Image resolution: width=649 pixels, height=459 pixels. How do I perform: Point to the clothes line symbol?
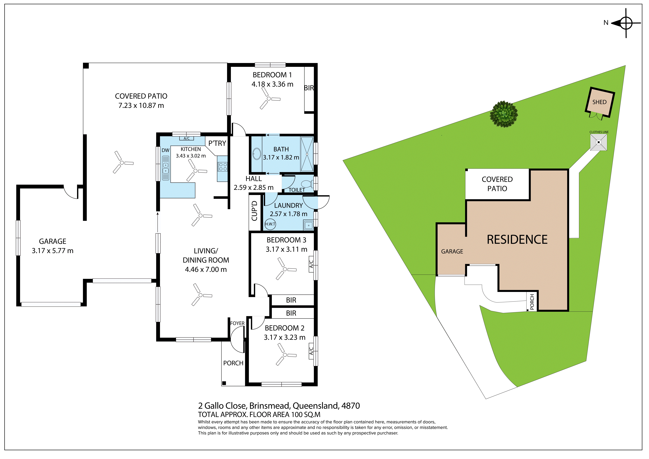point(598,142)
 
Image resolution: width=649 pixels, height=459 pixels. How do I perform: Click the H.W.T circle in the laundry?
point(270,224)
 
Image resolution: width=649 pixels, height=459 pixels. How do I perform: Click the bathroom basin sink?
point(257,154)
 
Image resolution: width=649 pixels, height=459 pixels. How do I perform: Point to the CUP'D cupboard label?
point(254,211)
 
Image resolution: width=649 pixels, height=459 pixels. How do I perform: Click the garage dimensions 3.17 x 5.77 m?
point(53,251)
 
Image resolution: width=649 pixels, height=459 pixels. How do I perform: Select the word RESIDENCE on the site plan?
point(517,240)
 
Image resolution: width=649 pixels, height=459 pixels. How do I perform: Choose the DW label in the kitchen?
point(165,150)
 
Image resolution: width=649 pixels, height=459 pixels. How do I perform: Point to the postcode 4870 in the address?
point(351,406)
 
